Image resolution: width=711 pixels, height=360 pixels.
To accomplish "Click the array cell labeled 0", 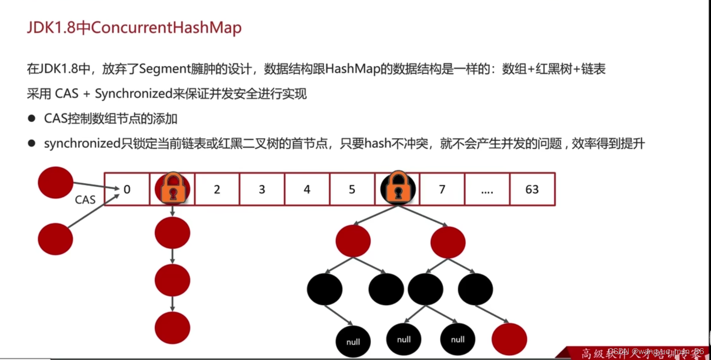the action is coord(127,189).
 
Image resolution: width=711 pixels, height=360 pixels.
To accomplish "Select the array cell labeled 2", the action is coord(217,189).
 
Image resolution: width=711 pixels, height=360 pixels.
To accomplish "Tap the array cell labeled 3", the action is coord(262,189).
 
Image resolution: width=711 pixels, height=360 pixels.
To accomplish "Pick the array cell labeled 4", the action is coord(307,189).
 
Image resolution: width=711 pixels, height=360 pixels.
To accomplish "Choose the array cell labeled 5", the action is coord(352,189).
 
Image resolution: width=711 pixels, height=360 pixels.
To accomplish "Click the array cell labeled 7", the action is coord(442,189).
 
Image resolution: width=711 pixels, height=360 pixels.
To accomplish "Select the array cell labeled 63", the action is coord(532,189).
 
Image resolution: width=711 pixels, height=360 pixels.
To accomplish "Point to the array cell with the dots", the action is coord(487,189).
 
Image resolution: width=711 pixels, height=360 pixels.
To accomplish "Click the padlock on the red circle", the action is coord(173,188).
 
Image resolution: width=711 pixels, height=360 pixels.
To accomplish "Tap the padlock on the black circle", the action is coord(398,187).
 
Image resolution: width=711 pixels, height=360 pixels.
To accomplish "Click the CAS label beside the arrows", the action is coord(85,200).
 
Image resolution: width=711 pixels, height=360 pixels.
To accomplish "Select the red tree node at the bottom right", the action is coord(509,339).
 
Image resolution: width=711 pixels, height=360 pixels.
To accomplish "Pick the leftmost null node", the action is coord(353,341).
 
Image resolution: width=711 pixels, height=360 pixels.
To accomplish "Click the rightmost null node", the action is coord(458,339).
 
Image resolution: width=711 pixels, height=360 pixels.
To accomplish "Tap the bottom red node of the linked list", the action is coord(172,328).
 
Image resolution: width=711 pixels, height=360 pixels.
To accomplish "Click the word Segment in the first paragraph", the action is coord(165,69).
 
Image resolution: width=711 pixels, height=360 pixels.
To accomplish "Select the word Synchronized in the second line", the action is coord(133,94).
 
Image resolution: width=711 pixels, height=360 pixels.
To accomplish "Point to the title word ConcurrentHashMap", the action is coord(166,28).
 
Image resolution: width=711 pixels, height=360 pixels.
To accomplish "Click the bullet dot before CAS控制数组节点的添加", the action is coord(32,118).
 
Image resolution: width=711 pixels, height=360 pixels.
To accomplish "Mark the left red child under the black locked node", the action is coord(353,241).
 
